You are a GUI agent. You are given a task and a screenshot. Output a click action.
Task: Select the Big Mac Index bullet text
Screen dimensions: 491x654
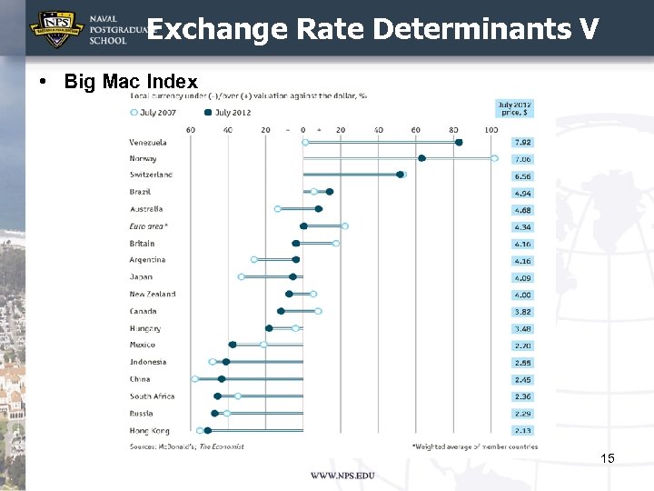tap(131, 82)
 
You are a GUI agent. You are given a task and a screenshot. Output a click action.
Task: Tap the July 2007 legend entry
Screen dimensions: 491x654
tap(157, 112)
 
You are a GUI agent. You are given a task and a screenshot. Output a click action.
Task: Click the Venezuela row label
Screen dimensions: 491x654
tap(148, 142)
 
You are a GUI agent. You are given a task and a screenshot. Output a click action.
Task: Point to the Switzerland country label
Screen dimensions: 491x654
tap(151, 175)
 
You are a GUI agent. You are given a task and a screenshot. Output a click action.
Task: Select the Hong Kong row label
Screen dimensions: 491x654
tap(149, 430)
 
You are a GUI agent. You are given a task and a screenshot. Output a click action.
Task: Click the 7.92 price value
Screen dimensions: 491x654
tap(522, 143)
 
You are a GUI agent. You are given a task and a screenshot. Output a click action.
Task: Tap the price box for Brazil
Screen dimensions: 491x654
tap(522, 193)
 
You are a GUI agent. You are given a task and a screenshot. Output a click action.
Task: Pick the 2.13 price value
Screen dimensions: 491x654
tap(522, 431)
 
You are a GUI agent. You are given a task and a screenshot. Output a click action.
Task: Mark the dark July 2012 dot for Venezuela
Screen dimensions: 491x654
tap(459, 142)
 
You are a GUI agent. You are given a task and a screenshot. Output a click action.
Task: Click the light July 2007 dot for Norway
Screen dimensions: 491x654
tap(494, 158)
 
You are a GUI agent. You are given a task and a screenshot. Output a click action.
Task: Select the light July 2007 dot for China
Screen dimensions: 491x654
tap(194, 378)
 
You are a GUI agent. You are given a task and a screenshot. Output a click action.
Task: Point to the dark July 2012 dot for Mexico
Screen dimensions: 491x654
tap(233, 345)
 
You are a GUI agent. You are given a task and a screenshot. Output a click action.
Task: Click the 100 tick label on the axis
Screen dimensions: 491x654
tap(491, 129)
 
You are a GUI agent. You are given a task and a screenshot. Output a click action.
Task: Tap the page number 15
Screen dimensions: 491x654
tap(608, 458)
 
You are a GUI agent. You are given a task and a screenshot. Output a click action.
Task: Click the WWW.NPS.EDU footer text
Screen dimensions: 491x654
tap(342, 476)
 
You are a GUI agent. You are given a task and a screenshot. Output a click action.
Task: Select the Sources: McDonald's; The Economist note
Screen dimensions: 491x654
tap(187, 446)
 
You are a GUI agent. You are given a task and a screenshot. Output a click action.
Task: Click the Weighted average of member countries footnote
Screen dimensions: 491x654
tap(474, 446)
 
